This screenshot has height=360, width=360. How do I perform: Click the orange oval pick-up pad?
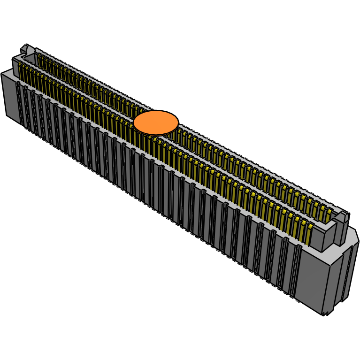point(156,123)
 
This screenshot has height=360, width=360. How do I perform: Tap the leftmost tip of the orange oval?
point(134,123)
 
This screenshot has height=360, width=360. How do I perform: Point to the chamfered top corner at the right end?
point(355,237)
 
